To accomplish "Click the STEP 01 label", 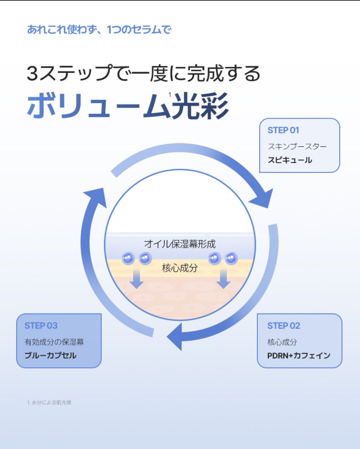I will click(283, 130).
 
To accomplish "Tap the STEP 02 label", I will click(283, 326).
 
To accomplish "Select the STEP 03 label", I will click(41, 326).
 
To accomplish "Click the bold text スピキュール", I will click(290, 160).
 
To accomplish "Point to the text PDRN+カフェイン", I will click(298, 356).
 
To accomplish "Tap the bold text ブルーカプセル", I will click(50, 355).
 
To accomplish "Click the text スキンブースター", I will click(297, 146).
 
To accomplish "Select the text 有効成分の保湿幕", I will click(54, 342).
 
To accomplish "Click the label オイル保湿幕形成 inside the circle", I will click(180, 244).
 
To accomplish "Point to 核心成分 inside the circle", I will click(180, 268).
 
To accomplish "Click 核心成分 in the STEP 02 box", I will click(282, 342).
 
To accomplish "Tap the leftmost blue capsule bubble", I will click(128, 258).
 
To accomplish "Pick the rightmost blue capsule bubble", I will click(231, 258).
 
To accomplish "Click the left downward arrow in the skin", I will click(137, 279).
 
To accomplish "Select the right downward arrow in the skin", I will click(223, 279).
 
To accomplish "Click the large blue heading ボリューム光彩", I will click(128, 106).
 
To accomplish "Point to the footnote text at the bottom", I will click(49, 402).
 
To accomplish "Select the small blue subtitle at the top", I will click(99, 30).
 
